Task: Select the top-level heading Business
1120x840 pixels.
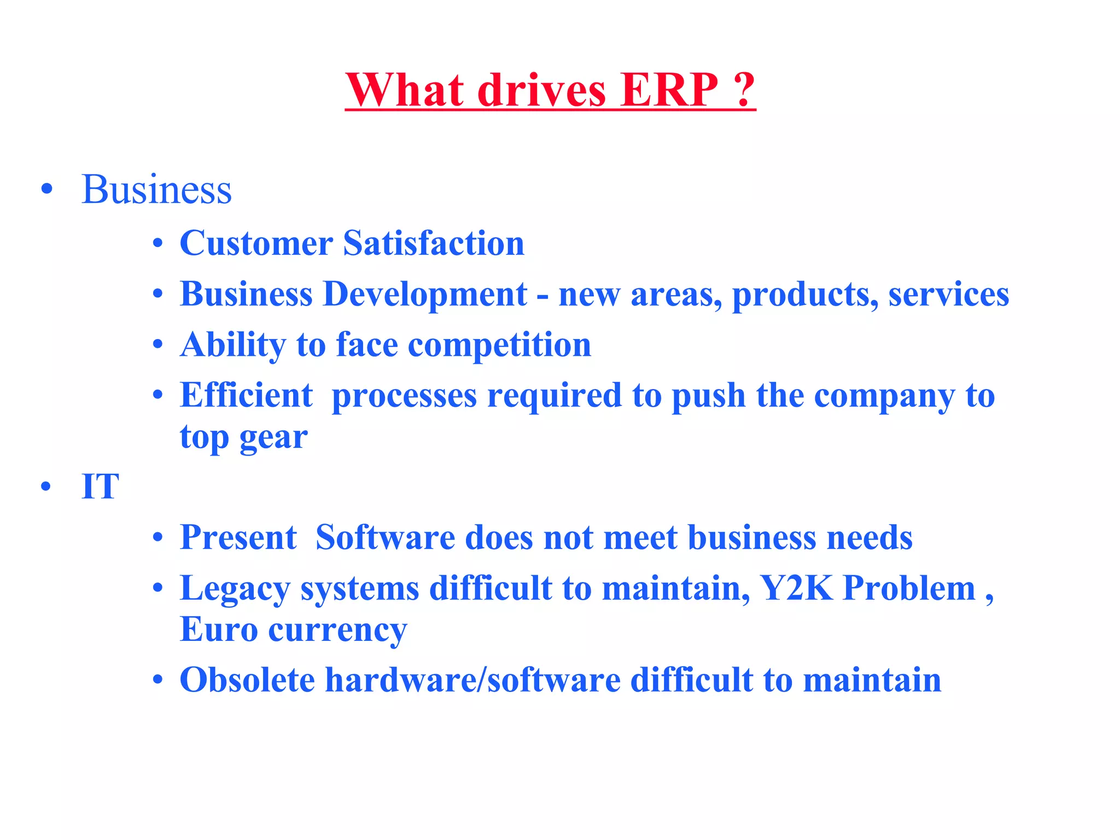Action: (x=156, y=190)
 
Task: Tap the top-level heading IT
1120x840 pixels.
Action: (x=100, y=486)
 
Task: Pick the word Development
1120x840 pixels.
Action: (x=425, y=295)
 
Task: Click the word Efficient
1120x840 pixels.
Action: (x=246, y=395)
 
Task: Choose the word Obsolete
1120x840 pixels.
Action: (x=247, y=680)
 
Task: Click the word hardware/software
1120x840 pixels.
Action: (x=473, y=680)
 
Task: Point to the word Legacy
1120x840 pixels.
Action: (x=235, y=590)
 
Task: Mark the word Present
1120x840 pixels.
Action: (x=238, y=538)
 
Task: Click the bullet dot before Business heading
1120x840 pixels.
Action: (x=47, y=189)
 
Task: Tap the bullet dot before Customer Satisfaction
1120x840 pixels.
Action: (x=158, y=243)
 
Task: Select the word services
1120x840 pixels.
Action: (x=948, y=295)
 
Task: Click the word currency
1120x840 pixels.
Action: (x=337, y=631)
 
